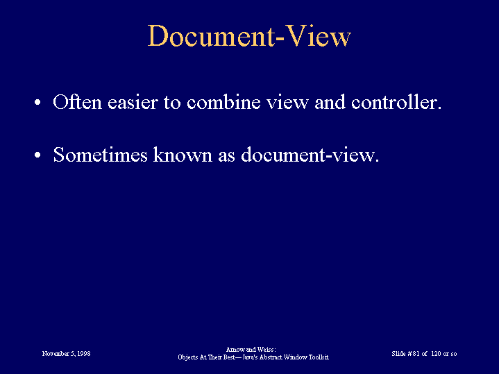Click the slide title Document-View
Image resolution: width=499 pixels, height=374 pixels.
249,35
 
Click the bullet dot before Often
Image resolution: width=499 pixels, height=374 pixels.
37,103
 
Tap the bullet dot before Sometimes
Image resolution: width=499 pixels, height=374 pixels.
37,155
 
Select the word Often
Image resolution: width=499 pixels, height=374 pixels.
77,102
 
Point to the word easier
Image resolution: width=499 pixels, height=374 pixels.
133,102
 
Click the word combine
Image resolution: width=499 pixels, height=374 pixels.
223,102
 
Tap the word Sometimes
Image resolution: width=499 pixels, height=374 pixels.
100,155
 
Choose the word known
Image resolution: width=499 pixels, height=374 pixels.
183,155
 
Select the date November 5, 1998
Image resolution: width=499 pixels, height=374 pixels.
66,354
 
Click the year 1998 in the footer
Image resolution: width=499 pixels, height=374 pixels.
84,354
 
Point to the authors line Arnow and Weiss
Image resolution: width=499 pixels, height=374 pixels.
251,350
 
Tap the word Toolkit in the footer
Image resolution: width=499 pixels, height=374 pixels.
319,357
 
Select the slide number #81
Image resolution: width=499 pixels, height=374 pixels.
414,354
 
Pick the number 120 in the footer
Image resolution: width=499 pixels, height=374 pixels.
436,354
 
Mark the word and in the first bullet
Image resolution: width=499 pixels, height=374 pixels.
330,102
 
